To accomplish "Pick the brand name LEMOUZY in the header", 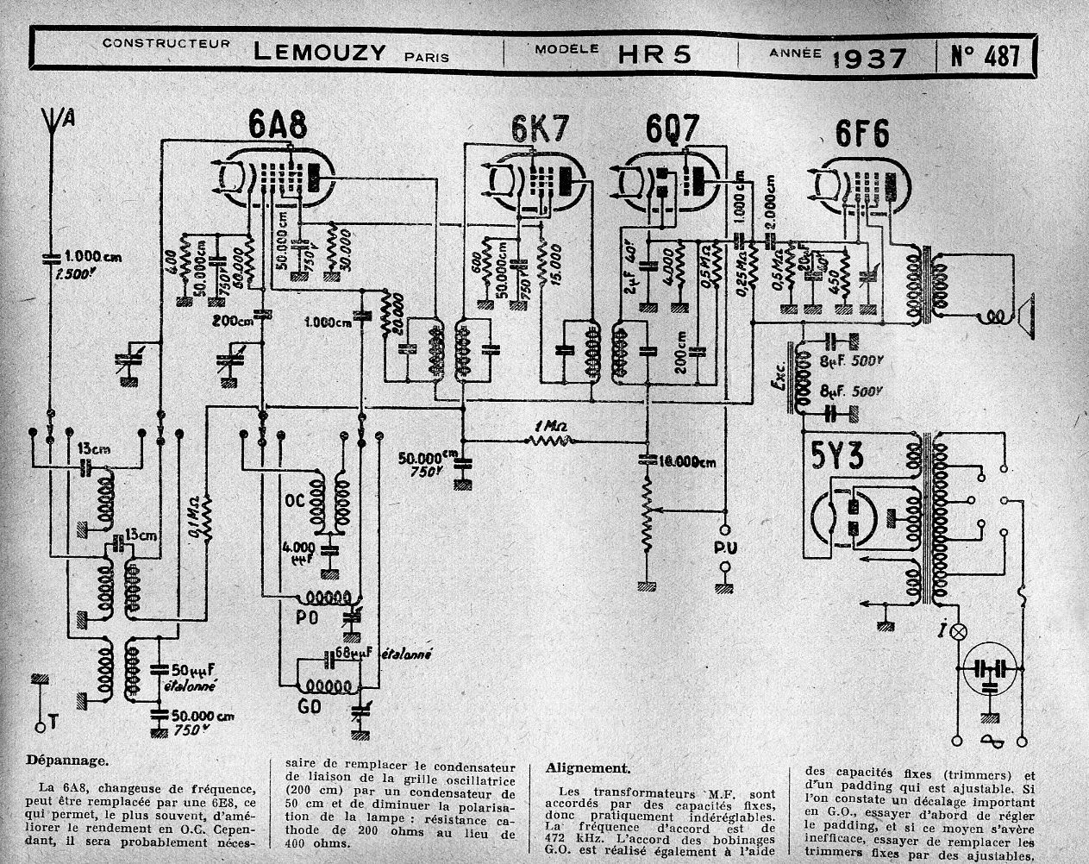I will [319, 53].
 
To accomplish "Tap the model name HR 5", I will [654, 54].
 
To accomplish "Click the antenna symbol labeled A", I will [54, 122].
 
